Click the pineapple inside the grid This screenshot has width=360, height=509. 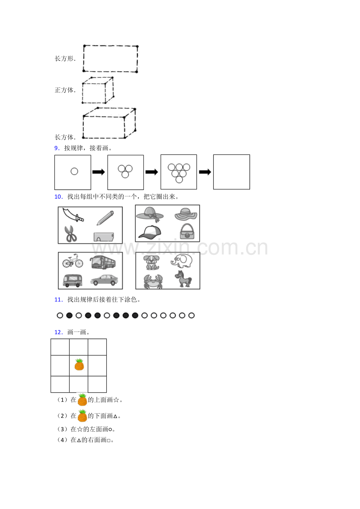[x=79, y=364]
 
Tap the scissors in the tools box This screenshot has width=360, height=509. [x=70, y=234]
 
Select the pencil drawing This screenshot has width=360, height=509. [x=105, y=218]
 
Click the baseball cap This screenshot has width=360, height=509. [x=149, y=232]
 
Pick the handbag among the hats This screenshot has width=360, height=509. [x=187, y=231]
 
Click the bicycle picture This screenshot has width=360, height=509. [x=73, y=261]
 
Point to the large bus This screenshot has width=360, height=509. [x=103, y=262]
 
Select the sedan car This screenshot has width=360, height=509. [x=104, y=280]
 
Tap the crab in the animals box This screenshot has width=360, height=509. [x=153, y=281]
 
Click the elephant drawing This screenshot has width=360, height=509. [x=182, y=261]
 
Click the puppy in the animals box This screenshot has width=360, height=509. [x=151, y=262]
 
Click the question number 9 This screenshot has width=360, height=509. [x=57, y=148]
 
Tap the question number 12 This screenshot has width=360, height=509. [x=58, y=332]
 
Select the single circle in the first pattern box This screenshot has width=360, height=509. [x=74, y=171]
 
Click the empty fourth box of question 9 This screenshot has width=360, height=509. [x=232, y=172]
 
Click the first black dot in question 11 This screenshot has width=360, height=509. [x=69, y=315]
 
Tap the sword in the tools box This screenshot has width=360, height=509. [x=73, y=215]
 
